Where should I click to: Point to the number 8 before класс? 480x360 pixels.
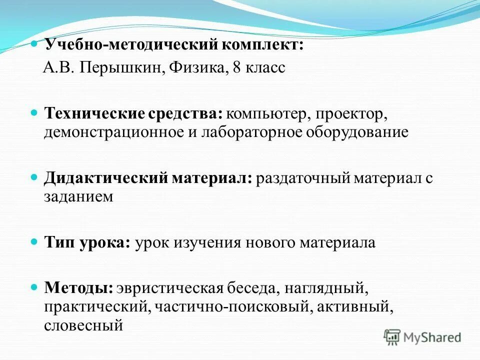236,67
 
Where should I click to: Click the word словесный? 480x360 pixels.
83,325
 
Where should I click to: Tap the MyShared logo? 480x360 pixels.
422,336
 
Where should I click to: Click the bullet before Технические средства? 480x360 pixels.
34,113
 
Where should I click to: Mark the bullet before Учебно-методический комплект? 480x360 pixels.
34,44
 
